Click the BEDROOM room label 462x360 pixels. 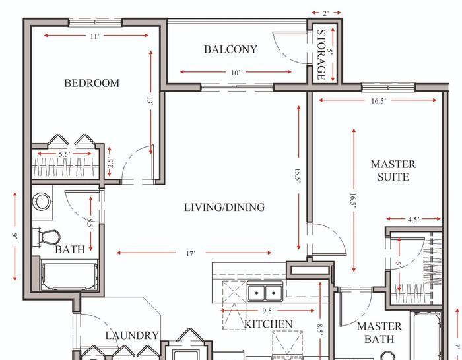click(x=92, y=83)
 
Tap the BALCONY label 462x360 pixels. click(x=230, y=49)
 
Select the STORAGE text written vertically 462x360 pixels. click(x=322, y=54)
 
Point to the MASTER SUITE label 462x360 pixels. click(x=393, y=170)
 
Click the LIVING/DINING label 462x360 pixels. click(x=224, y=207)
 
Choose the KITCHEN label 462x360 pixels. click(x=268, y=324)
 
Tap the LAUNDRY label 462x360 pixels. click(x=132, y=335)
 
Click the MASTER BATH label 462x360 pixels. click(x=379, y=332)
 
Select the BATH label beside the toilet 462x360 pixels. click(x=69, y=250)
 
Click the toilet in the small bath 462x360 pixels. click(x=48, y=236)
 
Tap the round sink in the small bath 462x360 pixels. click(x=43, y=201)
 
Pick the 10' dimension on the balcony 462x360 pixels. click(x=235, y=72)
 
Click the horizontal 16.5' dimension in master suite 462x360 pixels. click(x=378, y=100)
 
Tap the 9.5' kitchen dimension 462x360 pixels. click(x=267, y=310)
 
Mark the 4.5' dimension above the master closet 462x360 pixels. click(x=414, y=219)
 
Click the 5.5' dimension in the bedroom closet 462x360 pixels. click(x=65, y=154)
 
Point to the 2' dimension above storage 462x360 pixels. click(x=327, y=13)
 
